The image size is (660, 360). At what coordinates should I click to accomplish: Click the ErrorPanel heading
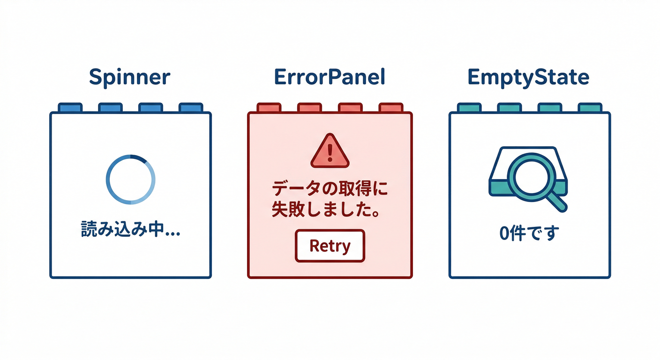[330, 77]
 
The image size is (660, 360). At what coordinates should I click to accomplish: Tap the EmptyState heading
[528, 77]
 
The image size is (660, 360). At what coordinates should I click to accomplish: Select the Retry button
[330, 245]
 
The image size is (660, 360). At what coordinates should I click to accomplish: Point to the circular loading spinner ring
[108, 180]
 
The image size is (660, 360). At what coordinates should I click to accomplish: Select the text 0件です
[529, 232]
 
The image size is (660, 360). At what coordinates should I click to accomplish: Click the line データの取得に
[330, 190]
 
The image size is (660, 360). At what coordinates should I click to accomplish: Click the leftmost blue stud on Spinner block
[70, 108]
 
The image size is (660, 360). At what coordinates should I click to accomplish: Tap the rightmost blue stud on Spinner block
[190, 108]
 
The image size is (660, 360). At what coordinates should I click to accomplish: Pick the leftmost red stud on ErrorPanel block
[269, 108]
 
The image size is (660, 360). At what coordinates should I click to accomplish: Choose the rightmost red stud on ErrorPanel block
[390, 108]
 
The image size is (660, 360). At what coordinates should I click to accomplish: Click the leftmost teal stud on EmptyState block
[469, 108]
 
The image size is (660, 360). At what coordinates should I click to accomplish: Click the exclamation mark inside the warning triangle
[330, 151]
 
